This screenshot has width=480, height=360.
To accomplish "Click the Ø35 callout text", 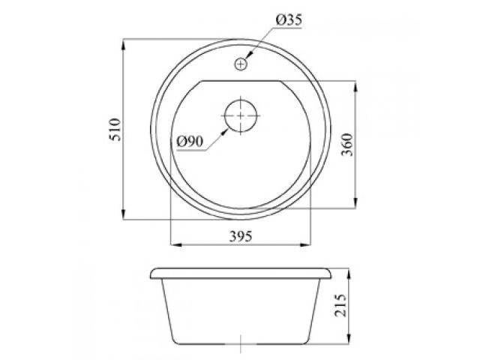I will (x=288, y=22).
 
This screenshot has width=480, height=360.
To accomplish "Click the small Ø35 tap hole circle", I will (x=240, y=64).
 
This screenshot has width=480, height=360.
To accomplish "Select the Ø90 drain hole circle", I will (x=240, y=115).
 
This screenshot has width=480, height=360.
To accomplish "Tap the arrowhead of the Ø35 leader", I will (x=247, y=58).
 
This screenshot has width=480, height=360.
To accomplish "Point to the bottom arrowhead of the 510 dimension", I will (x=124, y=217).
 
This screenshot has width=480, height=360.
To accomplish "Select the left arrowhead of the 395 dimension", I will (x=174, y=244).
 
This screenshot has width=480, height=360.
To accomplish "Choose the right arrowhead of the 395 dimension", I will (x=307, y=244).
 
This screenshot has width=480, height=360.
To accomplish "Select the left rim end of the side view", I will (x=152, y=271).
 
